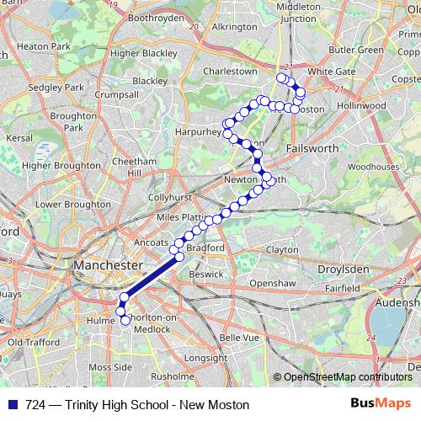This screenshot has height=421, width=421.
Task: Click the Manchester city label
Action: [x=107, y=265]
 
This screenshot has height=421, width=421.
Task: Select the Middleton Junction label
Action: [x=298, y=12]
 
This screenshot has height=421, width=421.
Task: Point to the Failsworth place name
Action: [x=312, y=147]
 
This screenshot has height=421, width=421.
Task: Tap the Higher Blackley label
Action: [x=144, y=53]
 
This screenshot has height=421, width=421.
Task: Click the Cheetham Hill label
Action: [x=135, y=167]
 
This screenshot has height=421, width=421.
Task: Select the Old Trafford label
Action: [x=34, y=343]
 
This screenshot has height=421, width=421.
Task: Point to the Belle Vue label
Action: [x=237, y=337]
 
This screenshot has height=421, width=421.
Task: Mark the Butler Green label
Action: [x=356, y=50]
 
